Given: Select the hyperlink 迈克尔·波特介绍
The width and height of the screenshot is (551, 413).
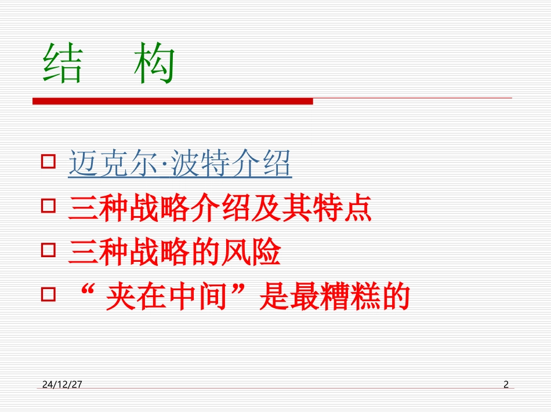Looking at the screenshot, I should coord(180,165).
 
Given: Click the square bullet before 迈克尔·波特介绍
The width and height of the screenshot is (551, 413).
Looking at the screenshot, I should coord(49,161).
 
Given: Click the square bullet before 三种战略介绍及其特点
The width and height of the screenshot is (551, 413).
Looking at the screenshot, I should coord(49,206).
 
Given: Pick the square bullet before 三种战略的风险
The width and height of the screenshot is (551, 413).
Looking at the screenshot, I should coord(49,250).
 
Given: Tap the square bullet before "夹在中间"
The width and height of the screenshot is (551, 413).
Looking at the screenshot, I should coord(49,294).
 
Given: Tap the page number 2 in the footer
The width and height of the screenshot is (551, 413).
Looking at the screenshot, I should coord(506,384).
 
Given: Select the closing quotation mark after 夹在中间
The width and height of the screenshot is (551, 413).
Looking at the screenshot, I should coord(246,290).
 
